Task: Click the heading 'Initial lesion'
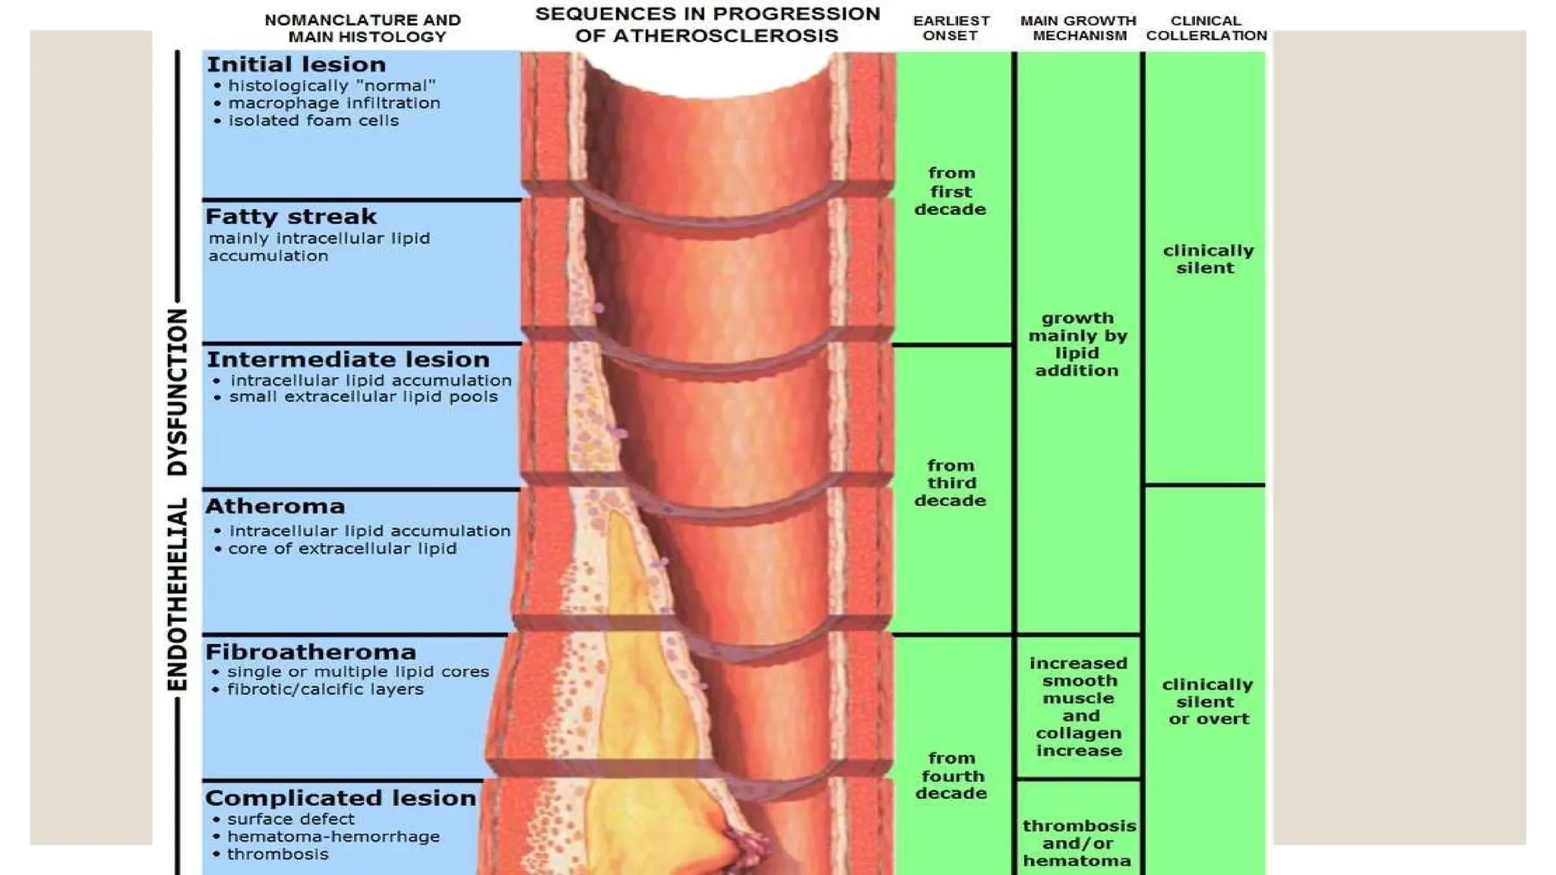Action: click(x=296, y=65)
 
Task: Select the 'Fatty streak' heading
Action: click(x=291, y=216)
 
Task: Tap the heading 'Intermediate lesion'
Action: click(x=348, y=359)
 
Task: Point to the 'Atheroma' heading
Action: click(x=275, y=506)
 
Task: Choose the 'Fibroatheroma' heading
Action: click(x=311, y=652)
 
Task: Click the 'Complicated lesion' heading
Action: click(x=340, y=798)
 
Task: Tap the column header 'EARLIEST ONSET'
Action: click(x=951, y=28)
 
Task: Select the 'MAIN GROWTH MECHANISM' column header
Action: click(x=1079, y=28)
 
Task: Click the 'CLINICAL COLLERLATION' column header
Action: click(x=1207, y=28)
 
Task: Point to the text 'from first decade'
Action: click(x=950, y=191)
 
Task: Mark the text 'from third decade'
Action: click(x=950, y=483)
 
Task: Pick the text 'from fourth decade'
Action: click(x=951, y=775)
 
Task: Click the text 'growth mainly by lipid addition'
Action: click(x=1077, y=344)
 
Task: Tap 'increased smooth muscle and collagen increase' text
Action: click(x=1079, y=707)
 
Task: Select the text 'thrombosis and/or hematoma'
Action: click(x=1079, y=843)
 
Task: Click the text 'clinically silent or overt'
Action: click(x=1207, y=702)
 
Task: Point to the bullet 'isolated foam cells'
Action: click(x=313, y=121)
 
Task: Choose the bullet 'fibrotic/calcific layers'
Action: click(x=325, y=690)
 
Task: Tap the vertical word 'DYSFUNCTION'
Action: click(x=177, y=392)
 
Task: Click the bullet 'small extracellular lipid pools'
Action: click(x=363, y=397)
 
